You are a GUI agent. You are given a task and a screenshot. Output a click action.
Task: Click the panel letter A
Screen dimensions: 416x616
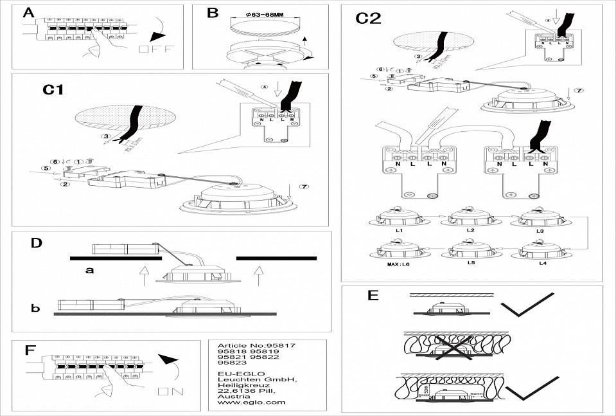[29, 14]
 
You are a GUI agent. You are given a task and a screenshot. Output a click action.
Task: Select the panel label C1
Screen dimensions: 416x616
[53, 90]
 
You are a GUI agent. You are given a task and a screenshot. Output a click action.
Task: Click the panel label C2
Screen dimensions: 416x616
[369, 19]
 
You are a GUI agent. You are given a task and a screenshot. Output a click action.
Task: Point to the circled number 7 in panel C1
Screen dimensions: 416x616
[303, 187]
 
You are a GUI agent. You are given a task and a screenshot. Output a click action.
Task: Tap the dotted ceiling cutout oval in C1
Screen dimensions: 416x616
[125, 119]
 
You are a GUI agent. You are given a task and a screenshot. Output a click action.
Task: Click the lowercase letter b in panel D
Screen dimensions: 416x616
[35, 309]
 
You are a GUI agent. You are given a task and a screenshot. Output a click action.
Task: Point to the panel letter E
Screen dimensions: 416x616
[372, 296]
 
